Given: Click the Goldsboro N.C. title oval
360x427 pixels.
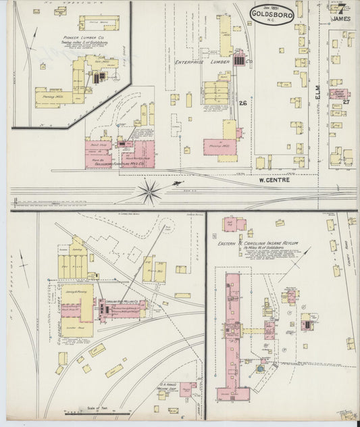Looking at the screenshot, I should point(272,14).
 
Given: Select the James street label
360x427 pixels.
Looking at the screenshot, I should point(342,19).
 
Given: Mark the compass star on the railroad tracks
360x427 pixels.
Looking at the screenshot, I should point(149,191).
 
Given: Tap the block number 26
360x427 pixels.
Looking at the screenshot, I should point(242,103).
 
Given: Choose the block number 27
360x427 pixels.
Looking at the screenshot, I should point(346,101).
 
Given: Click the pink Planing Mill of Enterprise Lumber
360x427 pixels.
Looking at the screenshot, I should point(220,147).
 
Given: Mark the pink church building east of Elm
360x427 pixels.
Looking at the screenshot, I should point(338,93).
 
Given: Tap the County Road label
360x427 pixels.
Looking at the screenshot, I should point(348,250).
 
